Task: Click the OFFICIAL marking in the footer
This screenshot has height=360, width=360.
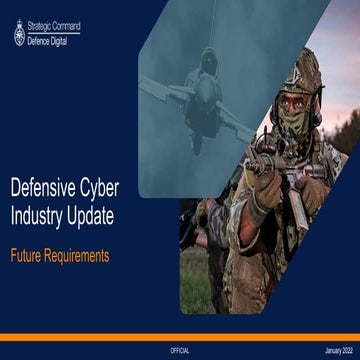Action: point(180,349)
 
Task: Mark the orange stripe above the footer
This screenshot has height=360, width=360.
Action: point(180,336)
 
